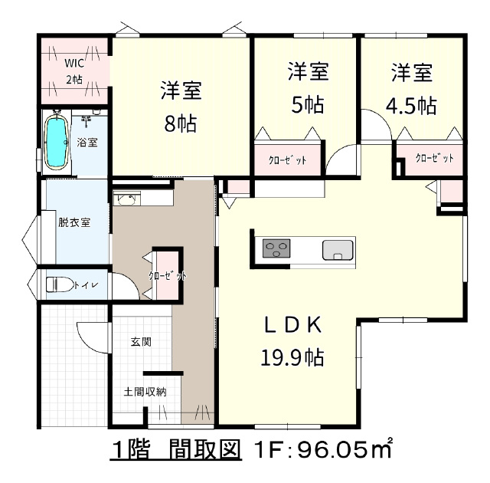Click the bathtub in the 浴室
click(x=57, y=143)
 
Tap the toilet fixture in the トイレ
click(x=60, y=284)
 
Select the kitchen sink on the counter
click(x=338, y=250)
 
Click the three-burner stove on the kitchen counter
click(x=276, y=248)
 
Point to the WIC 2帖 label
click(x=74, y=71)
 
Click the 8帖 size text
click(x=181, y=124)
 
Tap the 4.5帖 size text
click(x=411, y=106)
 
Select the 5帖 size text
click(x=308, y=105)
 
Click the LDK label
click(x=292, y=325)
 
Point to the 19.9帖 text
click(x=292, y=357)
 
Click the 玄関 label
click(x=141, y=342)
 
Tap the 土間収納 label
click(x=145, y=392)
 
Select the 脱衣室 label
click(x=74, y=222)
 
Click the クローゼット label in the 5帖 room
click(x=288, y=160)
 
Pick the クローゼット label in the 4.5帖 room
click(x=434, y=158)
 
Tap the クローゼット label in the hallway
click(x=168, y=275)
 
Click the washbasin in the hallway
click(x=127, y=199)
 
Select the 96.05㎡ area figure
click(x=345, y=450)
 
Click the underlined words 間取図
click(x=204, y=450)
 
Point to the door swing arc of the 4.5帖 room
click(x=382, y=117)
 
